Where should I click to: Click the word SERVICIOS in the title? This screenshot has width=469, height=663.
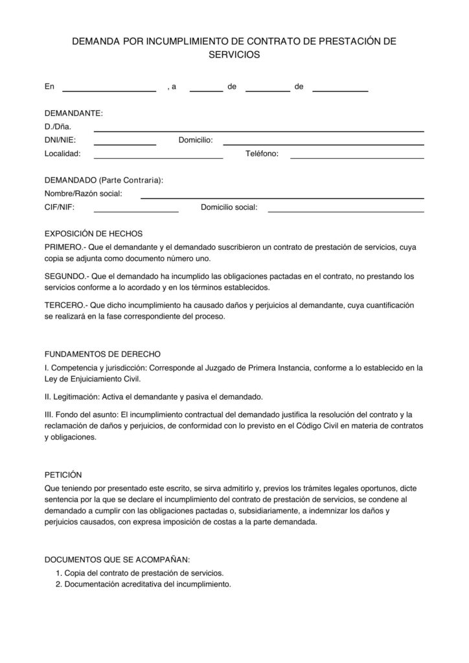tap(234, 56)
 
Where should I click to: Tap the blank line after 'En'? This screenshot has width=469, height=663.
tap(109, 89)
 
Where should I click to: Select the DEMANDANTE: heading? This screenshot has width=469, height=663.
tap(73, 113)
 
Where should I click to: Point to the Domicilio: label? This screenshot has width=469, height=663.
tap(200, 140)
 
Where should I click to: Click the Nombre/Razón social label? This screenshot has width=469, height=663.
tap(83, 194)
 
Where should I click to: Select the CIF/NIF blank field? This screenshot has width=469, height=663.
tap(136, 210)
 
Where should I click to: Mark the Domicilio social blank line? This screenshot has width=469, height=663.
tap(346, 210)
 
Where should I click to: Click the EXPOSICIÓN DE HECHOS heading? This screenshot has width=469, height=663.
tap(93, 234)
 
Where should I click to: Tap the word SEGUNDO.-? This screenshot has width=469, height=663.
tap(65, 276)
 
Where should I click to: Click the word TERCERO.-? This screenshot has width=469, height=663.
tap(65, 305)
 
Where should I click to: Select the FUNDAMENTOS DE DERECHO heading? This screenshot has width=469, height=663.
tap(102, 354)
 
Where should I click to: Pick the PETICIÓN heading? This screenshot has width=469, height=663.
tap(63, 475)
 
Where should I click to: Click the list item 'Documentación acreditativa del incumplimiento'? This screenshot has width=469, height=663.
tap(148, 584)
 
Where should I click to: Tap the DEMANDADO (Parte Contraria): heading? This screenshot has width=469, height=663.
tap(104, 179)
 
